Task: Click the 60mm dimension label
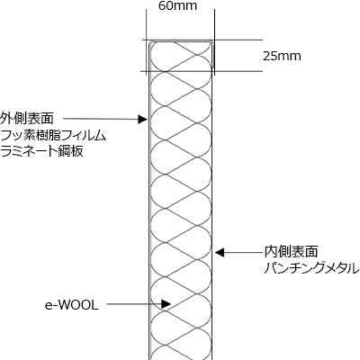[177, 6]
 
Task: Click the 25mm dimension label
[282, 57]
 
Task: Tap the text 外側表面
[27, 119]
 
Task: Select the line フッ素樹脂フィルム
[53, 136]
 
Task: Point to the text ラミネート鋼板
[41, 151]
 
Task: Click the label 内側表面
[291, 251]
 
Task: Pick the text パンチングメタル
[311, 268]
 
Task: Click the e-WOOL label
[72, 306]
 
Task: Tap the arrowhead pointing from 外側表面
[142, 120]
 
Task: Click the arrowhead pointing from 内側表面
[220, 253]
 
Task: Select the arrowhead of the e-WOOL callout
[166, 304]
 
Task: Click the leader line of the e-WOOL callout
[134, 304]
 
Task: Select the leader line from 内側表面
[243, 253]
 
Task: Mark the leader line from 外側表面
[101, 119]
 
